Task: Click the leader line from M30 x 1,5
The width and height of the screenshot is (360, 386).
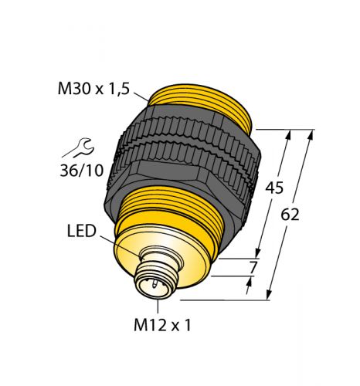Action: coord(141,96)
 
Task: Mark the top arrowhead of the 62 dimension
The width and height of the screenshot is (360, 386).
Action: coord(311,134)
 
